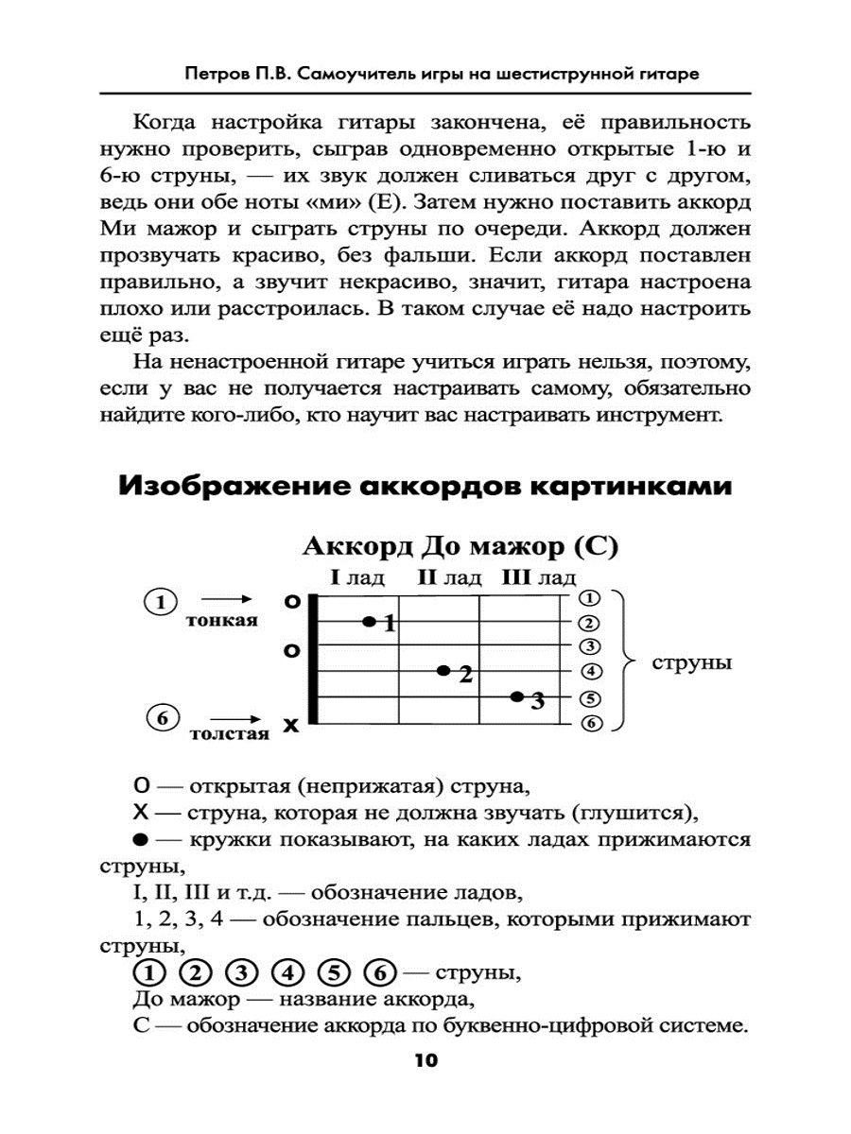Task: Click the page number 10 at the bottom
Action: tap(425, 1061)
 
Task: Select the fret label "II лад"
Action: tap(449, 577)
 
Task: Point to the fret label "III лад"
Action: tap(538, 577)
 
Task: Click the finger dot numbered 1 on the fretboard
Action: tap(370, 622)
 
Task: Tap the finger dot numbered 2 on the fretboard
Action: tap(443, 671)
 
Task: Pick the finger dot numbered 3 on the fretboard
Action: tap(517, 697)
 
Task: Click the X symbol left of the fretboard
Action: tap(291, 726)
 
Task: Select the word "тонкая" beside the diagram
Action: tap(222, 620)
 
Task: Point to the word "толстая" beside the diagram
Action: tap(228, 733)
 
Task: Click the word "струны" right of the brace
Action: tap(691, 662)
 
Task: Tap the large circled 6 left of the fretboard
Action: tap(163, 719)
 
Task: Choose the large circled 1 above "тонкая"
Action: tap(163, 601)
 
